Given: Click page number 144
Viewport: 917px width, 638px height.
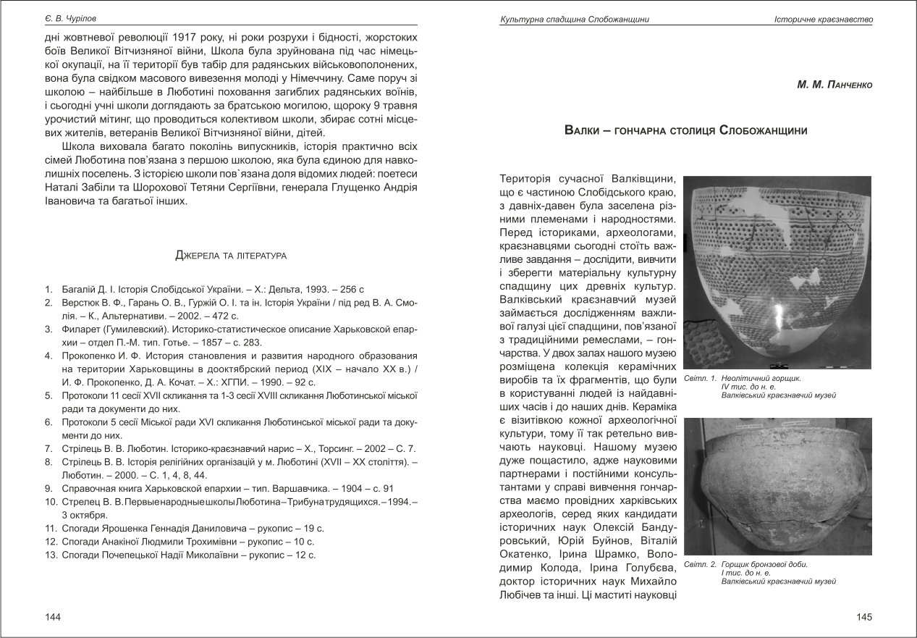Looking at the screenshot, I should (52, 617).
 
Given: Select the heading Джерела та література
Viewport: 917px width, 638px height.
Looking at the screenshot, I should (231, 256).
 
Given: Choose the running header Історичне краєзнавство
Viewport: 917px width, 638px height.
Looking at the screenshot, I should (823, 19).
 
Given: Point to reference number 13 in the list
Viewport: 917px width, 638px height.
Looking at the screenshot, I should (50, 555).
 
